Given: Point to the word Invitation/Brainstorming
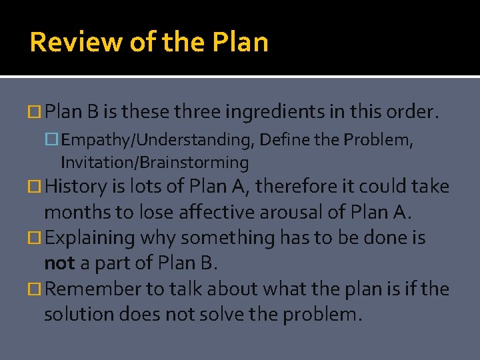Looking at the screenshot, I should (x=155, y=162).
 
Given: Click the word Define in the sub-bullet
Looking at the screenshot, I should (x=283, y=140).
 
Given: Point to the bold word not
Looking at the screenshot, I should (x=59, y=263).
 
